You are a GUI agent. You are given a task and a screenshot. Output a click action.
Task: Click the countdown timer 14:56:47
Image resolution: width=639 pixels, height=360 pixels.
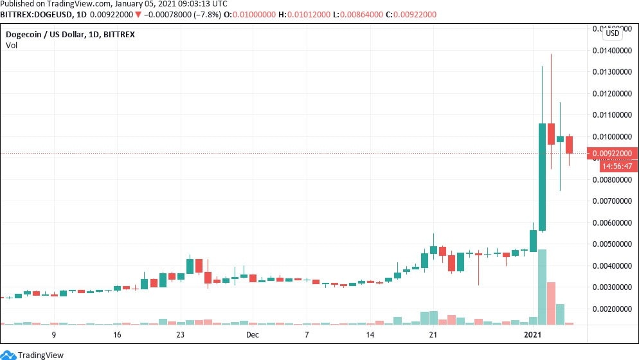point(618,166)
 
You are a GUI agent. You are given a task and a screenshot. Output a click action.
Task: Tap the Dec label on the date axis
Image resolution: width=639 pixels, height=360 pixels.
point(252,335)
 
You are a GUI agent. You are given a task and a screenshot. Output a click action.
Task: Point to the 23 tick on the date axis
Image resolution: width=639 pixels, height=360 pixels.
point(181,335)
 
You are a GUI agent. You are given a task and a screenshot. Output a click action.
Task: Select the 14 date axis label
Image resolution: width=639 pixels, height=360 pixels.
point(370,335)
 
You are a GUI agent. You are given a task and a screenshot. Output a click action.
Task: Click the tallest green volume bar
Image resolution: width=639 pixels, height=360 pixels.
point(542,286)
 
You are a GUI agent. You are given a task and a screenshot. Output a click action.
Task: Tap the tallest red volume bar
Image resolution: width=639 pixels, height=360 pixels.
point(551,302)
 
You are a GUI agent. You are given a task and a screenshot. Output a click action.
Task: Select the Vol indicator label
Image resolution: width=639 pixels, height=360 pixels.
point(12,45)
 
